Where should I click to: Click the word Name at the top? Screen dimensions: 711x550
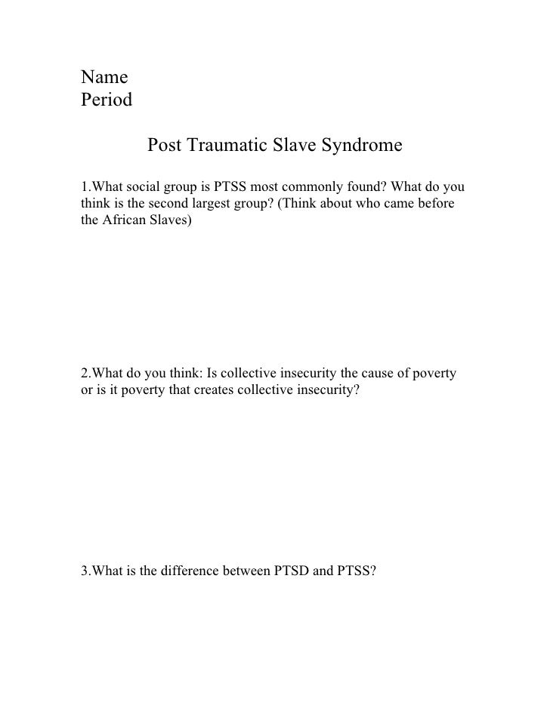click(104, 77)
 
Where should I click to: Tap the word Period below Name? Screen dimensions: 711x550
click(107, 100)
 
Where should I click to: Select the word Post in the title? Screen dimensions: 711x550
click(165, 144)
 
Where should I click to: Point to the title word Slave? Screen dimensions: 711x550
click(295, 144)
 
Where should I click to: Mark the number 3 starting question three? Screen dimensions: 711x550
click(85, 571)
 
